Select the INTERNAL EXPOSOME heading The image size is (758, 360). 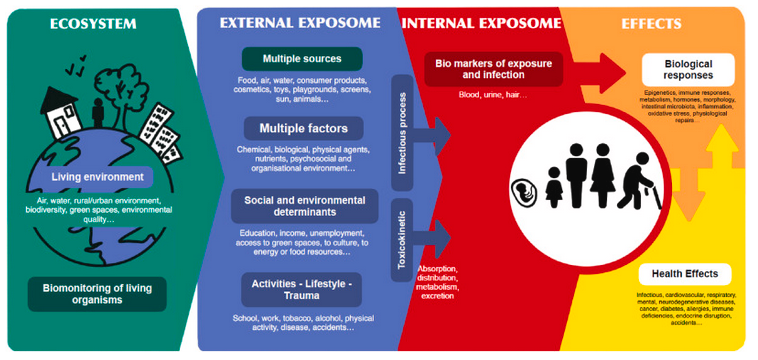click(x=476, y=23)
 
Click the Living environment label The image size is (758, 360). click(x=99, y=177)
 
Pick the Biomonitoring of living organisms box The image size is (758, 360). click(x=97, y=294)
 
